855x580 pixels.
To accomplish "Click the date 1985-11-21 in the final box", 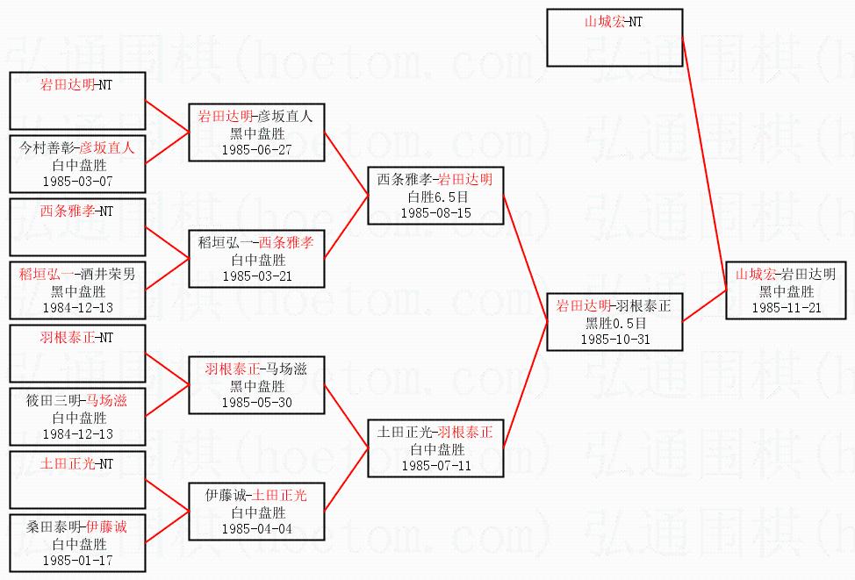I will pyautogui.click(x=786, y=307).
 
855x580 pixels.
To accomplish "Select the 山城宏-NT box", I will pyautogui.click(x=614, y=38).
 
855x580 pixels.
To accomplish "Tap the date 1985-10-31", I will pyautogui.click(x=614, y=339).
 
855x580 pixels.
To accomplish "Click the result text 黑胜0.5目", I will pyautogui.click(x=614, y=322).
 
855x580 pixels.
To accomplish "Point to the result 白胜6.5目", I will pyautogui.click(x=435, y=196).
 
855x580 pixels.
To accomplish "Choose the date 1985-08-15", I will pyautogui.click(x=435, y=212).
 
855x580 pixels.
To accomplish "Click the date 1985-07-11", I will pyautogui.click(x=435, y=465).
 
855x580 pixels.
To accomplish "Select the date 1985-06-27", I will pyautogui.click(x=257, y=149).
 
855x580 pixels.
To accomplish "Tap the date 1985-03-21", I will pyautogui.click(x=257, y=276).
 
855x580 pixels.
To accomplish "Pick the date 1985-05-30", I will pyautogui.click(x=257, y=403).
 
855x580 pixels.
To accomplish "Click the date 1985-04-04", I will pyautogui.click(x=257, y=529).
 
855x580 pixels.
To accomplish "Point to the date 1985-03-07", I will pyautogui.click(x=77, y=181).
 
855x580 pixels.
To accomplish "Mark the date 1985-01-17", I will pyautogui.click(x=77, y=560).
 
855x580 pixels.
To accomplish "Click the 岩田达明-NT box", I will pyautogui.click(x=77, y=101).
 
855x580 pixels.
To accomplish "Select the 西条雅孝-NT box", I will pyautogui.click(x=77, y=227).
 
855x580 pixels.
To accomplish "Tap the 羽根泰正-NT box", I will pyautogui.click(x=77, y=354).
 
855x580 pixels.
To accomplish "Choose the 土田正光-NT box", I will pyautogui.click(x=77, y=480).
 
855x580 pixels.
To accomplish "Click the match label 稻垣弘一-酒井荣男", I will pyautogui.click(x=77, y=275).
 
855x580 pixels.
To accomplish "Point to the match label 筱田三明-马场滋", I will pyautogui.click(x=77, y=401).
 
